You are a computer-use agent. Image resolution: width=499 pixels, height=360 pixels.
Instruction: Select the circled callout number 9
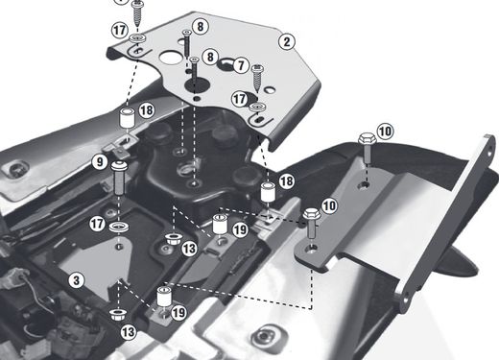click(x=98, y=163)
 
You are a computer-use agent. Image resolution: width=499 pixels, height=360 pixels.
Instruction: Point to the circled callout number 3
click(x=76, y=279)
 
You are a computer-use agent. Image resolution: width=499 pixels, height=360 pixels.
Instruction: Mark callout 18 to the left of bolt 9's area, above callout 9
click(x=146, y=112)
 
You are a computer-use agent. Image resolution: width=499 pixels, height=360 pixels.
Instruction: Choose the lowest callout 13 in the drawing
click(x=129, y=331)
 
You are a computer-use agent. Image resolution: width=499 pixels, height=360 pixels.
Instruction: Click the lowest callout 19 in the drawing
click(x=178, y=312)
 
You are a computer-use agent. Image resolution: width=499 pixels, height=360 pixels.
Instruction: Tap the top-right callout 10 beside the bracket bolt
click(x=384, y=130)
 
